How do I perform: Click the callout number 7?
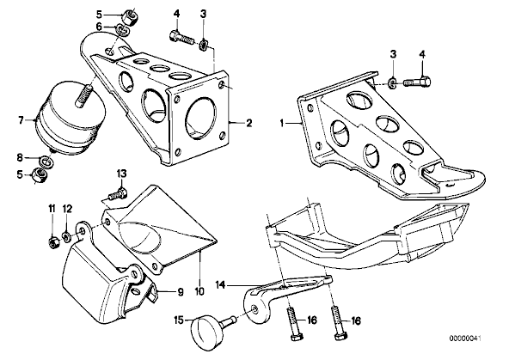click(x=21, y=121)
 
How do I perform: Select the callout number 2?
click(x=249, y=123)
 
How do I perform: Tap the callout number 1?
click(x=282, y=124)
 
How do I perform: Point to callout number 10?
click(x=199, y=291)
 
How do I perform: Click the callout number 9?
click(x=181, y=292)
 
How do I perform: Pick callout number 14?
click(x=220, y=285)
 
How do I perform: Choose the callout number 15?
click(x=179, y=320)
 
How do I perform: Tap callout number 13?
click(x=121, y=174)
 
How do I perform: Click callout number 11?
click(x=52, y=209)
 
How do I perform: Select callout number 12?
click(x=67, y=209)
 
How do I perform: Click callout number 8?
click(x=20, y=158)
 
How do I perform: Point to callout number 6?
click(x=99, y=27)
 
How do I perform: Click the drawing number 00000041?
click(x=465, y=339)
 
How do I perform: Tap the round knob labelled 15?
click(x=205, y=333)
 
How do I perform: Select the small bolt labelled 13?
click(x=117, y=194)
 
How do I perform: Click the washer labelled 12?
click(x=66, y=238)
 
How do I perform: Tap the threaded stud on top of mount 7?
click(x=83, y=95)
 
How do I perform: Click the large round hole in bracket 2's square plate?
click(x=200, y=119)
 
